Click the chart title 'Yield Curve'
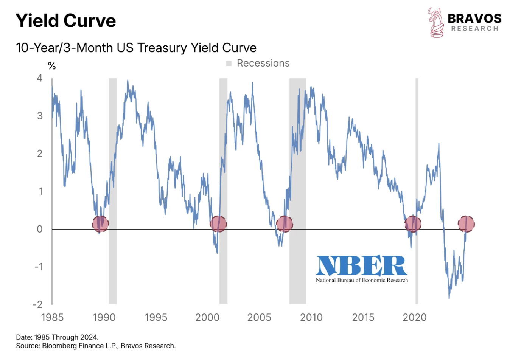65,20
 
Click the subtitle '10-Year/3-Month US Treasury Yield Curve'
136,48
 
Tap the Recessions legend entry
258,63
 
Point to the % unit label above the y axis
52,66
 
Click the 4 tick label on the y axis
39,78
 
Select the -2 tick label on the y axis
38,304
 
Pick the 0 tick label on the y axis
39,229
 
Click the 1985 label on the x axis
52,317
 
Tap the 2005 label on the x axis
259,317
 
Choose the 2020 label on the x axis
415,317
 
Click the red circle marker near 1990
100,224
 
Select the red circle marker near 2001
218,224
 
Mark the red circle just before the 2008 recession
285,224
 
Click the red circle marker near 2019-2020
412,224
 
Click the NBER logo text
362,266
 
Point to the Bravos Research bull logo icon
436,22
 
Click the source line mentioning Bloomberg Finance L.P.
96,346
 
